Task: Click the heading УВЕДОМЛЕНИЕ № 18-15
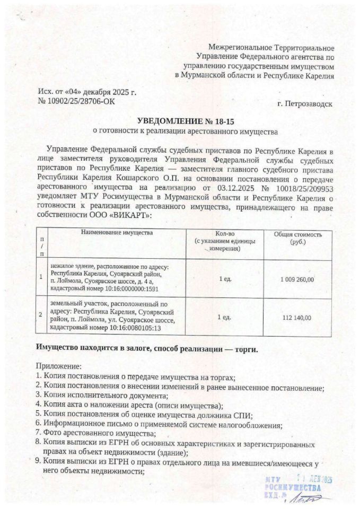[x=183, y=120]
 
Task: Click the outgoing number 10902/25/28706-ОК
[x=79, y=101]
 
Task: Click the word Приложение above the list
[x=59, y=366]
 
